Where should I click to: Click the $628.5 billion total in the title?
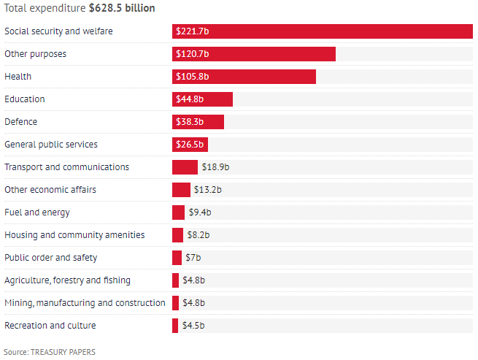coord(120,7)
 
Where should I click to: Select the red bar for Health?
coord(244,77)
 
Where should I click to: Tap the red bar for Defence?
coord(198,122)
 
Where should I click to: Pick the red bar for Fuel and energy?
coord(178,212)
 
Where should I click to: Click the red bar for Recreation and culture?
coord(175,326)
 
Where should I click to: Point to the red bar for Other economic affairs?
coord(181,190)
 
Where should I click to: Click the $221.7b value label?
coord(192,31)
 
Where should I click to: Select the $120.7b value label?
coord(192,54)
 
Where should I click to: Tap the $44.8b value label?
coord(190,99)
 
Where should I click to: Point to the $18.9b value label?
coord(215,167)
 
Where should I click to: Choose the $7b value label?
coord(193,258)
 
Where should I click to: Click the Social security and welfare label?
coord(58,31)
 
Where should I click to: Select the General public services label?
coord(51,145)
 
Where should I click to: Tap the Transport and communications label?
coord(66,167)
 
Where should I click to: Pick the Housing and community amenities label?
coord(74,235)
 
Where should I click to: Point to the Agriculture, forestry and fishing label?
coord(68,280)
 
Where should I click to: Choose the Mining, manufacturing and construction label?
coord(85,303)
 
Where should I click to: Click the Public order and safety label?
coord(51,258)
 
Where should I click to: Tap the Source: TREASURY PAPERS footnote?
coord(50,352)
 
